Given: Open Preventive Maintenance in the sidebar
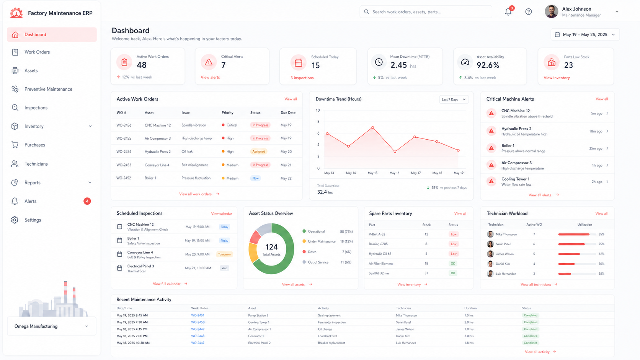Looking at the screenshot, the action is (x=48, y=89).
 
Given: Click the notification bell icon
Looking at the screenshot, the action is (x=508, y=12).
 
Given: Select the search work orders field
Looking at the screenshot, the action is (x=426, y=12).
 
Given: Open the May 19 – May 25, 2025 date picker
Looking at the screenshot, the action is (x=585, y=34).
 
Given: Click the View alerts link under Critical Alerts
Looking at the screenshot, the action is (x=210, y=77).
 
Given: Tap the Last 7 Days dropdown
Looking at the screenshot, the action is (x=454, y=99).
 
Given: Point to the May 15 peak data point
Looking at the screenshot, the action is (x=372, y=127).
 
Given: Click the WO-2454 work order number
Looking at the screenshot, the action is (x=124, y=151).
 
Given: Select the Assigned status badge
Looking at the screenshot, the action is (x=259, y=151).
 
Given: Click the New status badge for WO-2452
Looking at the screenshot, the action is (x=255, y=178).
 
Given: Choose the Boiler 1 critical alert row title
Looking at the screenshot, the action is (x=508, y=146).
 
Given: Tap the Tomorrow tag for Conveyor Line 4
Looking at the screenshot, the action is (x=224, y=254).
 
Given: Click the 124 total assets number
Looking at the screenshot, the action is (x=271, y=247).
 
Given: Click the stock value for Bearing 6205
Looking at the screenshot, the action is (x=426, y=244).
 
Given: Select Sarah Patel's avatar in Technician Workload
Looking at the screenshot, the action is (x=490, y=244).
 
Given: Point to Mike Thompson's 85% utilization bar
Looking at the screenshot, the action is (x=574, y=235).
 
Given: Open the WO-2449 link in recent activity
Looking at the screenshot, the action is (x=198, y=329).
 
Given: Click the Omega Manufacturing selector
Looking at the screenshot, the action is (x=52, y=326).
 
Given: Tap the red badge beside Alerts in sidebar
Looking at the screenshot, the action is (x=87, y=201).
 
